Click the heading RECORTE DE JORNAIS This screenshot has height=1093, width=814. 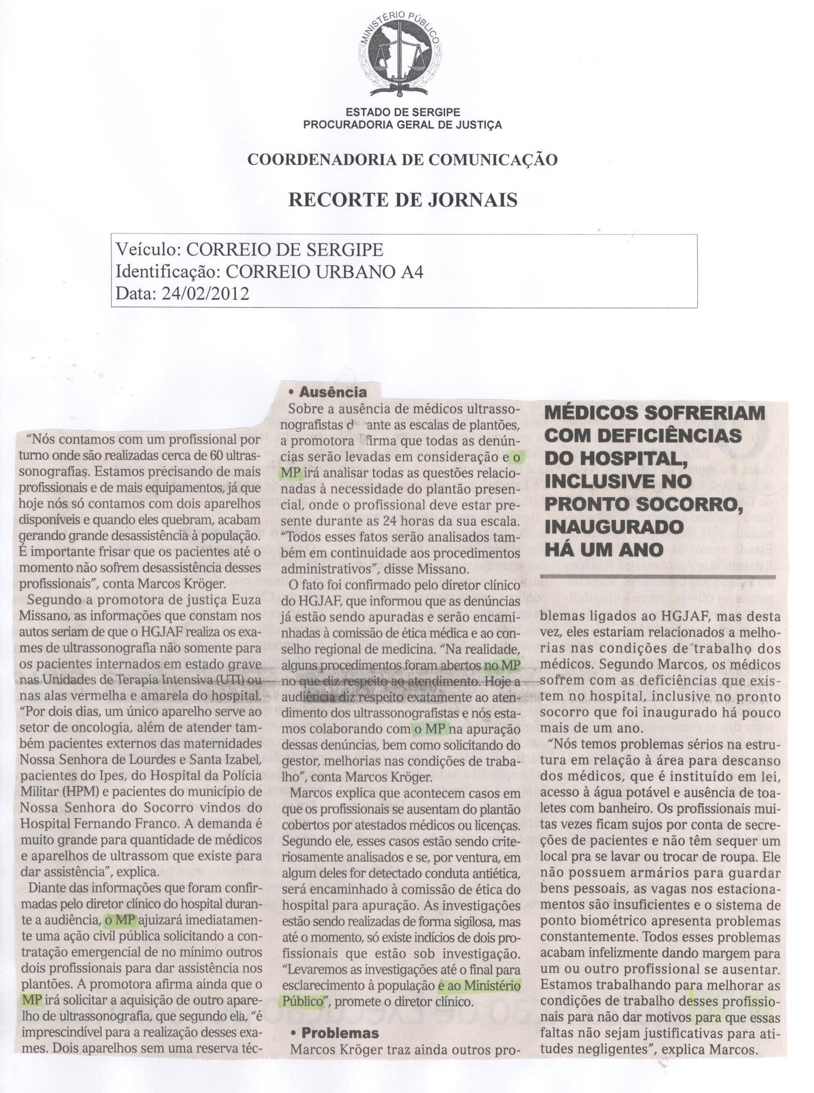click(402, 200)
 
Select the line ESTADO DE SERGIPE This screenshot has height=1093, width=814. click(402, 113)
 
